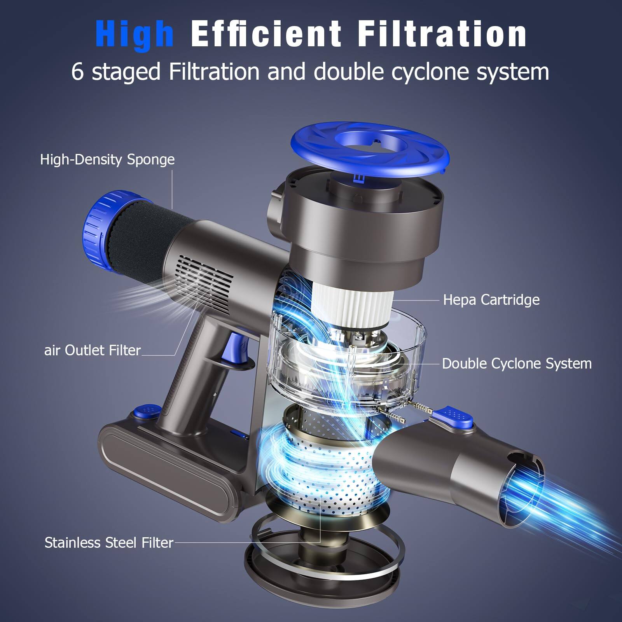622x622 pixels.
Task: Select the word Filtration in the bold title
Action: (442, 34)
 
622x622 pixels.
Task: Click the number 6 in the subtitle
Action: (77, 72)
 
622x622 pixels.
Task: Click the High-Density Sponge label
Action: (107, 160)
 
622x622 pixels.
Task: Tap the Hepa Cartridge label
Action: (491, 300)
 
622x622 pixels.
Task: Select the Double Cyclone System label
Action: (517, 363)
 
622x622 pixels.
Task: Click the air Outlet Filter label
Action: (92, 350)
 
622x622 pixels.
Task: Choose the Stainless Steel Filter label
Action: (109, 542)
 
